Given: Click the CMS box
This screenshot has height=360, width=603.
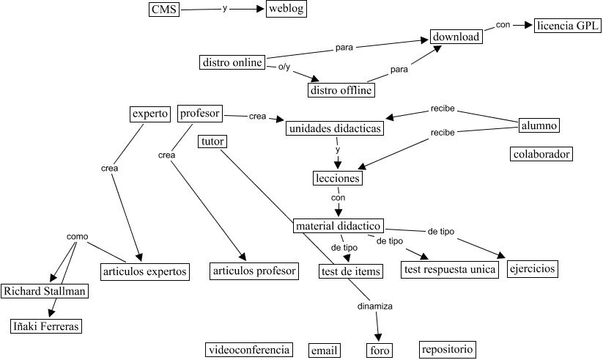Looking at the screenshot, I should pyautogui.click(x=163, y=10).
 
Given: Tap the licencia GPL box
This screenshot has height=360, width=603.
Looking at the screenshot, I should pyautogui.click(x=568, y=26).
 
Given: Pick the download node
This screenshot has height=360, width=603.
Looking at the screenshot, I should pyautogui.click(x=456, y=37).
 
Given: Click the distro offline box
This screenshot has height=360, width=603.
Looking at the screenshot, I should pyautogui.click(x=341, y=90).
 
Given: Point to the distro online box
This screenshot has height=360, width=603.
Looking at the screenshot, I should pyautogui.click(x=232, y=62).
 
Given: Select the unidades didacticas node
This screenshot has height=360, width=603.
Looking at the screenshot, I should pyautogui.click(x=336, y=128).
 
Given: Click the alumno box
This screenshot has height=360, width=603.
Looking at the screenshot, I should pyautogui.click(x=539, y=125).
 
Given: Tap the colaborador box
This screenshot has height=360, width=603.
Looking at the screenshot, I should pyautogui.click(x=541, y=154).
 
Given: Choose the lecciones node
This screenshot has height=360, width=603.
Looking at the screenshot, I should pyautogui.click(x=338, y=178).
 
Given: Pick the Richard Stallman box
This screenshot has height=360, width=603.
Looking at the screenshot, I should pyautogui.click(x=45, y=291).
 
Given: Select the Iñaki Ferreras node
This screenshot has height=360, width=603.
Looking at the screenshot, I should pyautogui.click(x=45, y=326).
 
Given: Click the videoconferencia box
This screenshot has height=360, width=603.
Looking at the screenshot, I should pyautogui.click(x=248, y=349).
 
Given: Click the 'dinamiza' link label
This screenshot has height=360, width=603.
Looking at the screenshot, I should pyautogui.click(x=376, y=306).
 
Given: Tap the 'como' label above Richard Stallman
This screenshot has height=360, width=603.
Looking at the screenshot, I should pyautogui.click(x=77, y=236).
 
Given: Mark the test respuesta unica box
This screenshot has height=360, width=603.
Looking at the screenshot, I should pyautogui.click(x=450, y=270).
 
